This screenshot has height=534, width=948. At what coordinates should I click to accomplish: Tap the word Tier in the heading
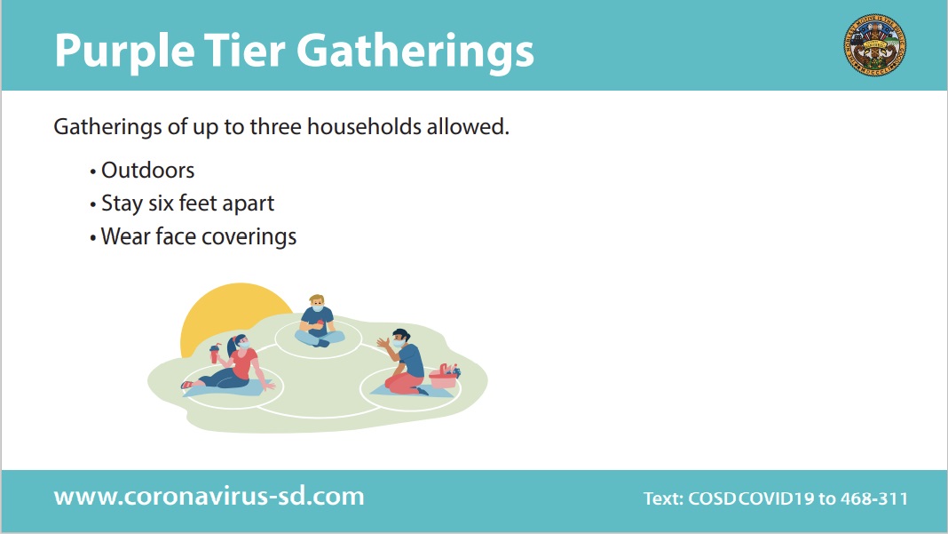(244, 50)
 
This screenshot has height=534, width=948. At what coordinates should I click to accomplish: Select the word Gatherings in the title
(415, 52)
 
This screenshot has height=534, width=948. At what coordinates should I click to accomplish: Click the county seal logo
(875, 45)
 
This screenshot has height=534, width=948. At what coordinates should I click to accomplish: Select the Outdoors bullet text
(147, 170)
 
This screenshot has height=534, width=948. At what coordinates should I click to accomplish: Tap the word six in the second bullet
(162, 203)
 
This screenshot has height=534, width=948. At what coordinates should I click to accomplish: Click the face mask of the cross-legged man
(318, 307)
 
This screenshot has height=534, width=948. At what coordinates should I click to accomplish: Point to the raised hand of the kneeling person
(383, 343)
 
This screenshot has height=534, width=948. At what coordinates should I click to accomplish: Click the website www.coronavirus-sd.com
(209, 497)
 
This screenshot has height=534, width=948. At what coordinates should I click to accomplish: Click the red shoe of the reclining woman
(186, 385)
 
